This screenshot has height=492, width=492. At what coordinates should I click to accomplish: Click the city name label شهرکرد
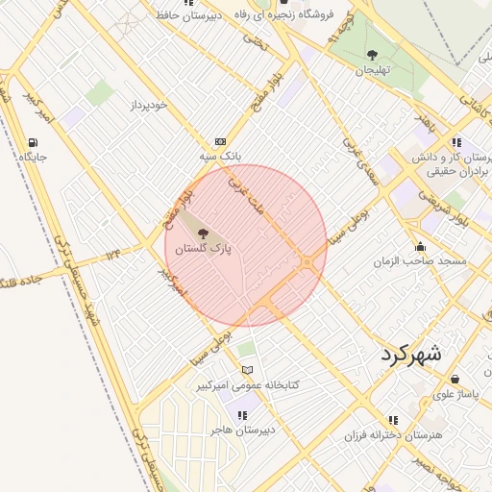pyautogui.click(x=409, y=353)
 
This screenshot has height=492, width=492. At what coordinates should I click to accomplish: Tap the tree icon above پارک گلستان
pyautogui.click(x=202, y=234)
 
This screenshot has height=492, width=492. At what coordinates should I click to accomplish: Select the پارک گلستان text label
pyautogui.click(x=204, y=248)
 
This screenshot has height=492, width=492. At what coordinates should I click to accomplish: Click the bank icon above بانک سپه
pyautogui.click(x=220, y=140)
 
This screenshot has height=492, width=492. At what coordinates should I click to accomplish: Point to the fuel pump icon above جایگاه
pyautogui.click(x=34, y=143)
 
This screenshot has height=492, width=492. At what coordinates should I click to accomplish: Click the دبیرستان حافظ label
pyautogui.click(x=188, y=15)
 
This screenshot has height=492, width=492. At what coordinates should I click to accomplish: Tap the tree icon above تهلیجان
pyautogui.click(x=373, y=55)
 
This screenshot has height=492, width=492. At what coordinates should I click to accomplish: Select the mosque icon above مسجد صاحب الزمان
pyautogui.click(x=420, y=246)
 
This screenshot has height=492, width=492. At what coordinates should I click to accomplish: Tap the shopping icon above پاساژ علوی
pyautogui.click(x=455, y=379)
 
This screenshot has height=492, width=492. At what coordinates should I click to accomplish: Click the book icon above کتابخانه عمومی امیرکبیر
pyautogui.click(x=248, y=370)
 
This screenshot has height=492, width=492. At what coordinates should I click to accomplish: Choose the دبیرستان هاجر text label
pyautogui.click(x=243, y=430)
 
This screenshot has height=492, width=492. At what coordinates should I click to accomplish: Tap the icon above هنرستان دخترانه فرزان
pyautogui.click(x=393, y=420)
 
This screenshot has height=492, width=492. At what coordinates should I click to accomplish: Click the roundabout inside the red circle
pyautogui.click(x=307, y=261)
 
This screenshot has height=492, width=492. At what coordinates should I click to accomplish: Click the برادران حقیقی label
pyautogui.click(x=437, y=170)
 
